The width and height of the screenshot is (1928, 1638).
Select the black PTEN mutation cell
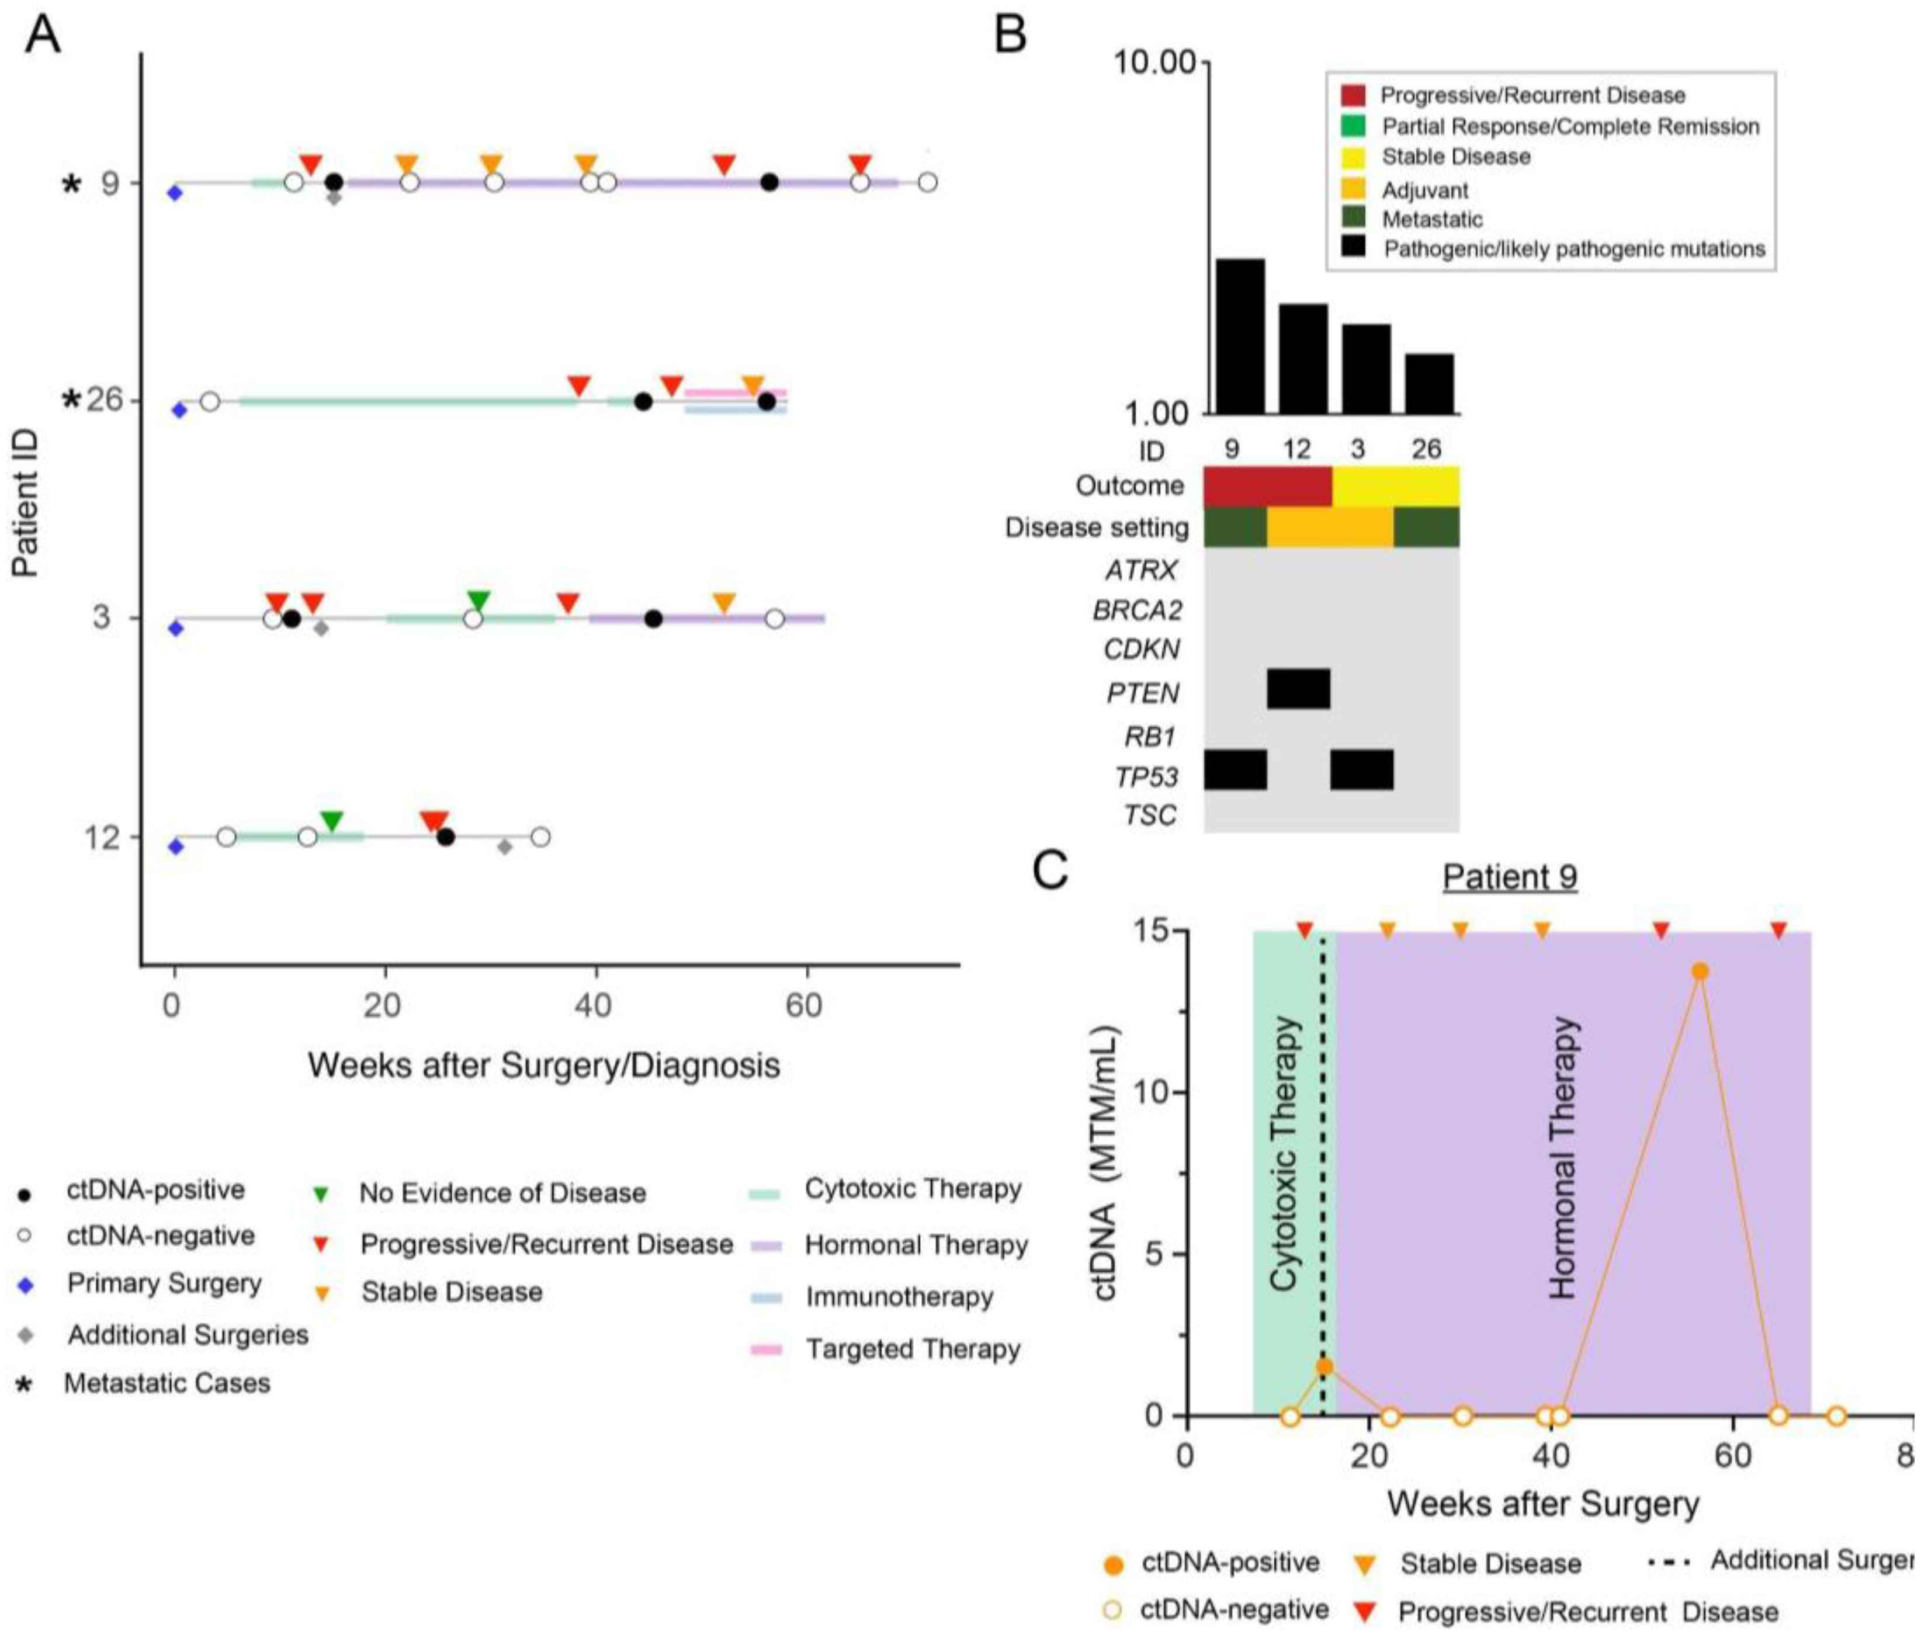[x=1298, y=688]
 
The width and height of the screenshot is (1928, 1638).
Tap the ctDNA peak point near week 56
[x=1700, y=971]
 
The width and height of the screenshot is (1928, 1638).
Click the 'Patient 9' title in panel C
[x=1509, y=877]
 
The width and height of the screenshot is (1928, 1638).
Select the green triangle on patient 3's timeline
[x=478, y=601]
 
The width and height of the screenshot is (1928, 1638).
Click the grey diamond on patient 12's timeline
[x=504, y=847]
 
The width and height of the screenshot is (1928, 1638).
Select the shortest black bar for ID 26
[x=1429, y=383]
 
